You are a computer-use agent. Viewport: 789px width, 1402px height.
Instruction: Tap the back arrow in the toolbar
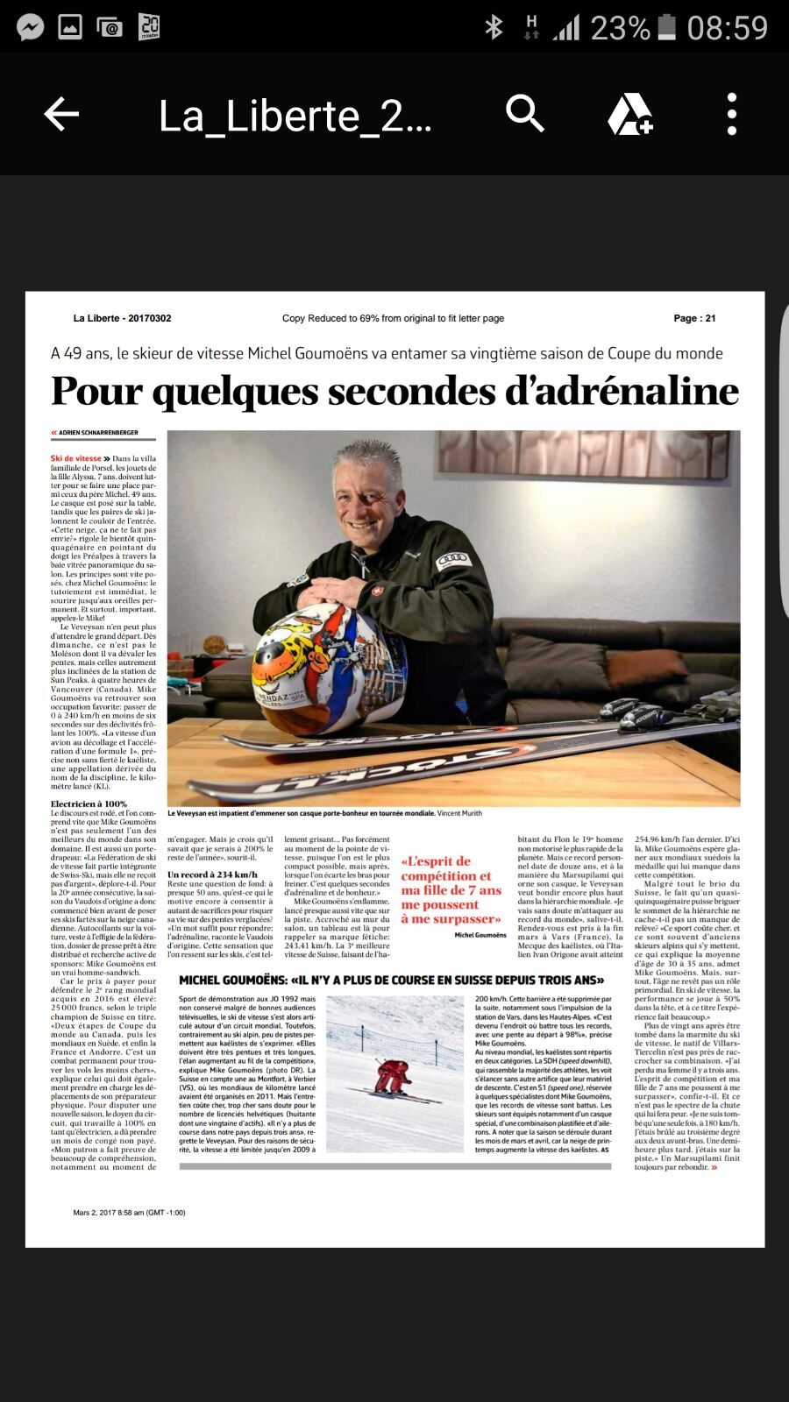(61, 114)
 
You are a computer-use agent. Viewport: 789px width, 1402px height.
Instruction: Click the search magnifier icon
(525, 114)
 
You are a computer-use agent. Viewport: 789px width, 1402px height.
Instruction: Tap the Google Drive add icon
(629, 114)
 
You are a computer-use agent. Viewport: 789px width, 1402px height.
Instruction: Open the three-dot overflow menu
(732, 114)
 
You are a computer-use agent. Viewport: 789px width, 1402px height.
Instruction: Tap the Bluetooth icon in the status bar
(494, 27)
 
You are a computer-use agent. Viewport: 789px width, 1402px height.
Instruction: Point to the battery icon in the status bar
(667, 27)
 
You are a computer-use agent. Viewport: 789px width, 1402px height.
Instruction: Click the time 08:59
(727, 27)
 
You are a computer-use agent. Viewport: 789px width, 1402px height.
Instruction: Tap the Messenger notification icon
(31, 27)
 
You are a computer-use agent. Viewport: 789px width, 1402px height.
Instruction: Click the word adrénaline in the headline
(622, 391)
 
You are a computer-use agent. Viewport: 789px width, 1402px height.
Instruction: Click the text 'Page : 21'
(694, 318)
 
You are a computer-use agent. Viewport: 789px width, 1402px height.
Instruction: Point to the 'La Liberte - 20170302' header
(122, 318)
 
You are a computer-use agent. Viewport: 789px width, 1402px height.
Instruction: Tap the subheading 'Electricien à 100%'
(89, 804)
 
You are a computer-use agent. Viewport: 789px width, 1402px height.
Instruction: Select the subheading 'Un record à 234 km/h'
(212, 874)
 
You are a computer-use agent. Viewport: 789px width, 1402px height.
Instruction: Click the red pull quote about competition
(451, 889)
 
